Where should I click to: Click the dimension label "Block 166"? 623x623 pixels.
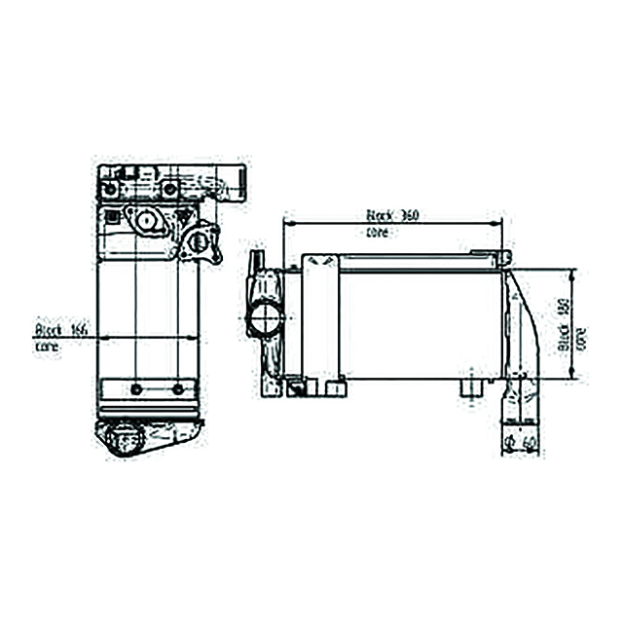tap(61, 330)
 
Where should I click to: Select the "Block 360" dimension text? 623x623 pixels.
tap(392, 215)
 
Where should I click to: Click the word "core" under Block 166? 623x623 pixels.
tap(47, 346)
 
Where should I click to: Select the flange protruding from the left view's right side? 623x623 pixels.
tap(200, 239)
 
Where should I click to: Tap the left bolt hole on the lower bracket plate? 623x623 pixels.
tap(135, 389)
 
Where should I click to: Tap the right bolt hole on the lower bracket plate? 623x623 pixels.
tap(177, 389)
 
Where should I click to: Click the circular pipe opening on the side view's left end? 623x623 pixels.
tap(264, 317)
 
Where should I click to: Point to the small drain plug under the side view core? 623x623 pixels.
tap(470, 388)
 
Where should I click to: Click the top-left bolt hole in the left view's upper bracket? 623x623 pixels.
tap(112, 188)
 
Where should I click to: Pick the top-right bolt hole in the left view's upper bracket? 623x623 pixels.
tap(169, 188)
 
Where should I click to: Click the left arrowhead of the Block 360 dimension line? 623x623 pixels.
tap(285, 223)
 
